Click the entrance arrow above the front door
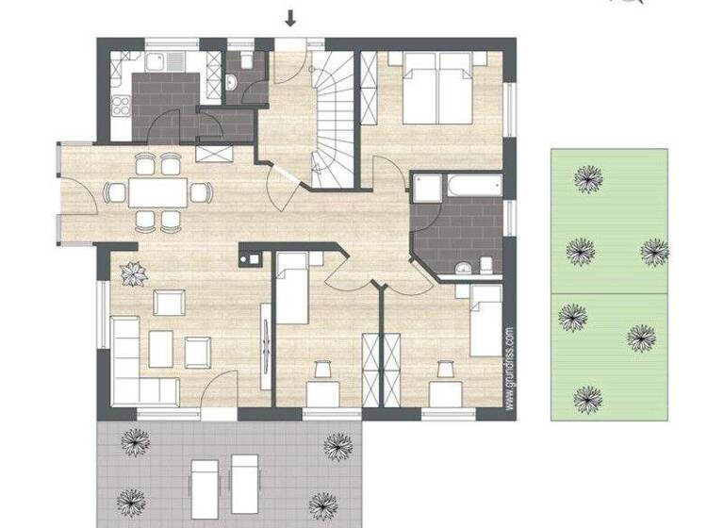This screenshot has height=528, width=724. click(290, 17)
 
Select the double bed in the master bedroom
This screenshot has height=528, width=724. click(438, 89)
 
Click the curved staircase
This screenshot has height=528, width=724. click(331, 118)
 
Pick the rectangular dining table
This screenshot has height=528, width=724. click(157, 193)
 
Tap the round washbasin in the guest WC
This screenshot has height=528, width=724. click(231, 83)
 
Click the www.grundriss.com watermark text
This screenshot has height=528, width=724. click(510, 368)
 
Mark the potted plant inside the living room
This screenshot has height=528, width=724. click(133, 272)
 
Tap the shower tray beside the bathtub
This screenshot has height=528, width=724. click(427, 189)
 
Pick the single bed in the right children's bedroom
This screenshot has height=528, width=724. click(484, 322)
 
